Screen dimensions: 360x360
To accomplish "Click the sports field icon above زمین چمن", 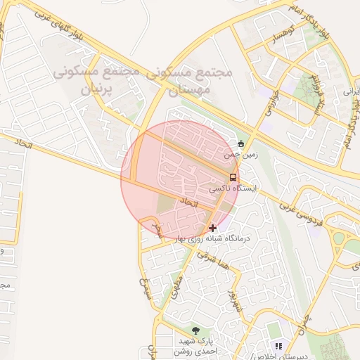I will [x=241, y=143].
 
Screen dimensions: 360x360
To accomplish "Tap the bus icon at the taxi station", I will [x=233, y=177].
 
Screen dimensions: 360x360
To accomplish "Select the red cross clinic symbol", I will [x=213, y=228].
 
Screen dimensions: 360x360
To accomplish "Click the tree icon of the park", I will [x=195, y=330].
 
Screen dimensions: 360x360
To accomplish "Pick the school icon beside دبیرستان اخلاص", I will [x=278, y=346].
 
